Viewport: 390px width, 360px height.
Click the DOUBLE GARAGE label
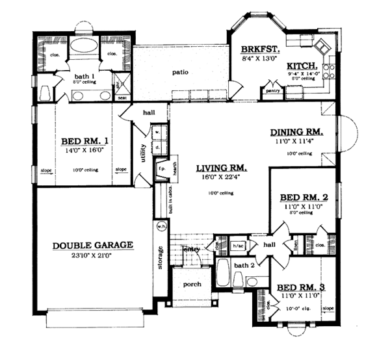coord(93,245)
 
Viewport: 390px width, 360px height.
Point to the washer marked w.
coord(157,133)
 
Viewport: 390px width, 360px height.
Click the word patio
coord(181,72)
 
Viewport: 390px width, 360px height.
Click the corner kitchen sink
coord(320,50)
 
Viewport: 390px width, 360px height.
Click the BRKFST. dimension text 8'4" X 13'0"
coord(259,58)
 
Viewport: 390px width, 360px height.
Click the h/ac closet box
coord(238,245)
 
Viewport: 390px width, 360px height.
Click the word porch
coord(192,284)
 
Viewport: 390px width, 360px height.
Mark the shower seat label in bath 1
coord(121,97)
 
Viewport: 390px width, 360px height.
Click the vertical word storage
coord(160,257)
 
